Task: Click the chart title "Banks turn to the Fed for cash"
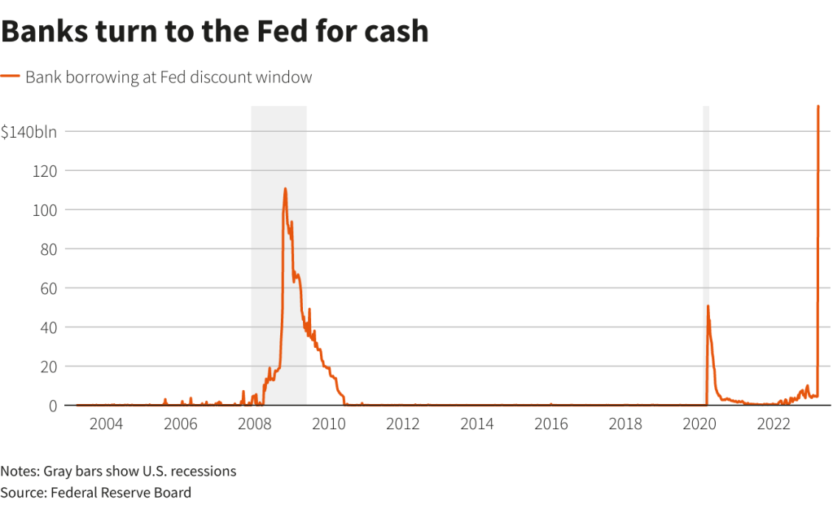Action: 214,31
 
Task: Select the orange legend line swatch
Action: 10,77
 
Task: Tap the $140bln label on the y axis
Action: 28,132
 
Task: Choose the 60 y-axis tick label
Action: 48,288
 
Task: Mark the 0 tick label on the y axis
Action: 52,406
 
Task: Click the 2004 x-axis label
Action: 106,424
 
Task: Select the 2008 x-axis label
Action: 255,424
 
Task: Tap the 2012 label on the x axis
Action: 403,424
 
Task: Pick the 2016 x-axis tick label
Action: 551,424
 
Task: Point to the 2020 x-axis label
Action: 699,424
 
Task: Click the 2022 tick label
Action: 774,424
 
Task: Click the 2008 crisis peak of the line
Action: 285,189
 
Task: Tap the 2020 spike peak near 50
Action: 708,306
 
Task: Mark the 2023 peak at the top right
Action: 818,106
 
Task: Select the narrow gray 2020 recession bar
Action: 706,244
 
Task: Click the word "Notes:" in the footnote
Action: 22,472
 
